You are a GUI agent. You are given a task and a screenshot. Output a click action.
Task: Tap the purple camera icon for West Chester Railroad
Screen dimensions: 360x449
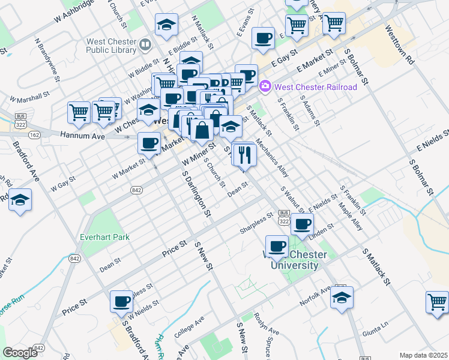[265, 87]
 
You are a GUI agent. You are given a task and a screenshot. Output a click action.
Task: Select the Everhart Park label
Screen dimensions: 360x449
[104, 237]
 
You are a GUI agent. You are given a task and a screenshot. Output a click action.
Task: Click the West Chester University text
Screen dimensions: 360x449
[294, 260]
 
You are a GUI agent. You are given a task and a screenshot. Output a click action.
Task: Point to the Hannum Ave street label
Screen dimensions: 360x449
[82, 136]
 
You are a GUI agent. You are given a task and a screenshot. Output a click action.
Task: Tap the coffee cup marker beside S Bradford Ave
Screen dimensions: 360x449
[121, 301]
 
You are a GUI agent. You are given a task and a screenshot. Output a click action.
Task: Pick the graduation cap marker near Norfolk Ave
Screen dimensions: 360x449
[342, 298]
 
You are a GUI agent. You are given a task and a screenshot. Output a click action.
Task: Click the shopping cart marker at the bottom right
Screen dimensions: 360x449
[437, 302]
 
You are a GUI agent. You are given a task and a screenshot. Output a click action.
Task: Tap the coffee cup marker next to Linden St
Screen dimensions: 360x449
[303, 224]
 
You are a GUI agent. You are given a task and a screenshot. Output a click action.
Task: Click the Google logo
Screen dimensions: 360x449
[20, 353]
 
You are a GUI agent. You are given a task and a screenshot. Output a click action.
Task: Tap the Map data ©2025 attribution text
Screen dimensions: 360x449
[423, 355]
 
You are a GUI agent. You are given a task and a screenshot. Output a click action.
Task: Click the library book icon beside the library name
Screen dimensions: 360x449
[145, 45]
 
